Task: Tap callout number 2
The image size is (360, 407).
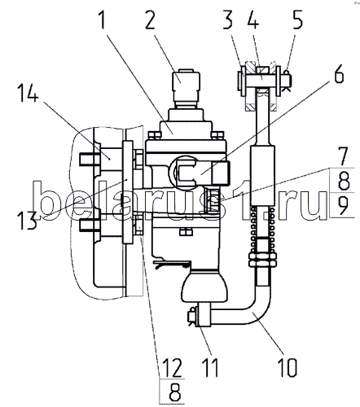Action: click(x=150, y=20)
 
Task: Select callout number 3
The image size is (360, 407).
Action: click(x=228, y=20)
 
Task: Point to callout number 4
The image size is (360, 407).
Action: click(x=253, y=20)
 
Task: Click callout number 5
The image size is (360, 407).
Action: click(x=297, y=20)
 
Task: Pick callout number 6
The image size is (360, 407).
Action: click(x=339, y=73)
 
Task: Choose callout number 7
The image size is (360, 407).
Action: click(x=344, y=156)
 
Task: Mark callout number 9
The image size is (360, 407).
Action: click(x=344, y=205)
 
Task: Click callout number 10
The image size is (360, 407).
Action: click(x=288, y=368)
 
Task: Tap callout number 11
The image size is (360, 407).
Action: click(x=210, y=368)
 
